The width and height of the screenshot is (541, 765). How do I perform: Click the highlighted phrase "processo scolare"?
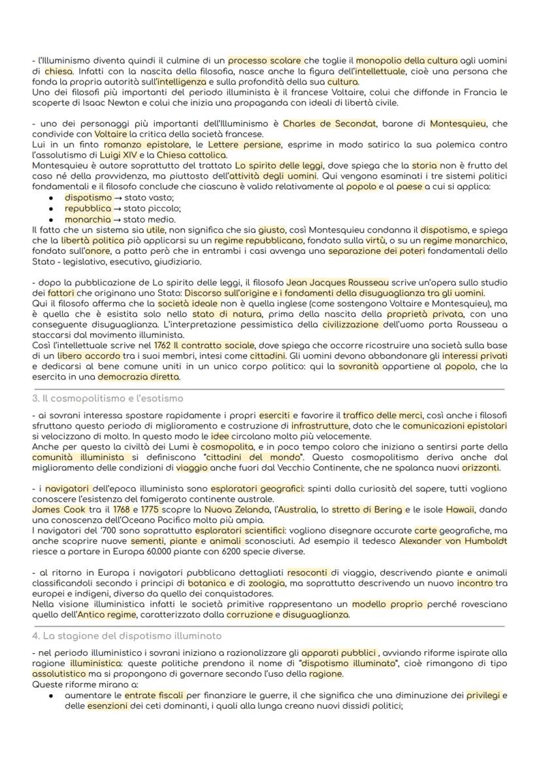coord(265,61)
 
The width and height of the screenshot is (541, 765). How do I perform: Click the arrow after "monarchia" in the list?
coord(116,219)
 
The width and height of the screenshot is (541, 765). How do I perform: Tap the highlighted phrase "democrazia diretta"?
coord(138,377)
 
